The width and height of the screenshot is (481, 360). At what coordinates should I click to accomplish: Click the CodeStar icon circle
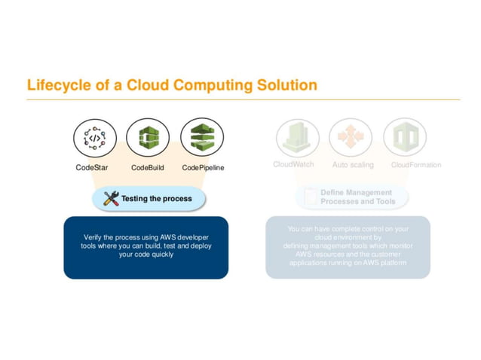[x=95, y=139]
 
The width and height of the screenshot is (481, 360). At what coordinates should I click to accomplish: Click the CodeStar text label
[x=92, y=167]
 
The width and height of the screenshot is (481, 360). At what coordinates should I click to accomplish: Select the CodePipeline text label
[x=204, y=167]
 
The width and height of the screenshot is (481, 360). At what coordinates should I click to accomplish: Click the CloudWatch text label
[x=293, y=165]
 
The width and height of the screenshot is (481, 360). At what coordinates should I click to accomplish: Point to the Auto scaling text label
[x=353, y=165]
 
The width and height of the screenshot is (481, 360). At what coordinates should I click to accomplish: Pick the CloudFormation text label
[x=416, y=165]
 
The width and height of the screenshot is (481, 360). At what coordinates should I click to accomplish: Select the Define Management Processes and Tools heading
[x=357, y=197]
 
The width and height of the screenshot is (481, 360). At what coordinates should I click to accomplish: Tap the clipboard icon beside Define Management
[x=310, y=197]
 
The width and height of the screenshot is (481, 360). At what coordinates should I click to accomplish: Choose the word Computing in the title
[x=213, y=85]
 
